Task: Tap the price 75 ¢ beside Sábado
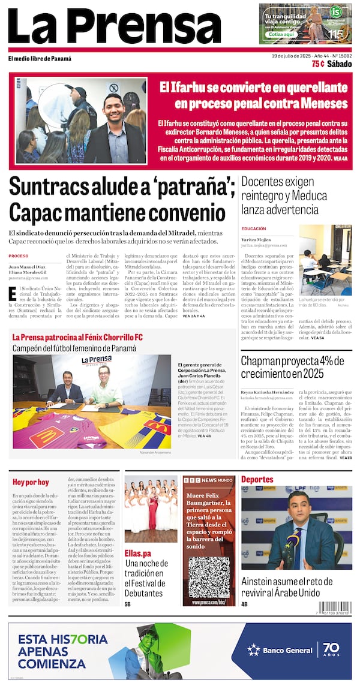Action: pos(318,64)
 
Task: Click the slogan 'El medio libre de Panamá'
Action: pos(40,59)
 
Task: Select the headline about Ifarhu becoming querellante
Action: pos(253,95)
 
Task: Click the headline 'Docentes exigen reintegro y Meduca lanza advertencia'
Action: pos(284,195)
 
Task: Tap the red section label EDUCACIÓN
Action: pos(253,229)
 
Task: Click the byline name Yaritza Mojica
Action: pos(256,239)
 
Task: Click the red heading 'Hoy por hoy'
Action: pos(31,482)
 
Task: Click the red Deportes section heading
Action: pos(257,479)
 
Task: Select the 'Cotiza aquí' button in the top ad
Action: pos(281,34)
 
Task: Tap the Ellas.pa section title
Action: pos(138,553)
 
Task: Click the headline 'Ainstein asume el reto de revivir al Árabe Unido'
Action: pos(296,587)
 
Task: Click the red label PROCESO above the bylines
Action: pos(19,255)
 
